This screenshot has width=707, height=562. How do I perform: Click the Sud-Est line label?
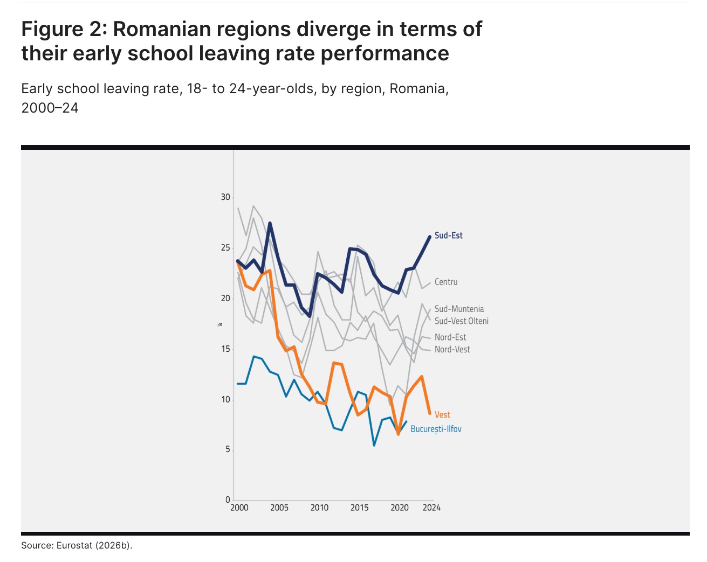point(448,235)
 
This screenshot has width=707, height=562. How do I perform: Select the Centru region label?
point(445,282)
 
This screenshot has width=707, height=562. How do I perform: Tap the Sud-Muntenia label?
point(459,309)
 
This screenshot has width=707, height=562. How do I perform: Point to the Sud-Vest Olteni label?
point(461,321)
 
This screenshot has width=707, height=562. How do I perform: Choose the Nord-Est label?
point(450,337)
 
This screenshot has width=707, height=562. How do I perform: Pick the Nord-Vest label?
point(452,349)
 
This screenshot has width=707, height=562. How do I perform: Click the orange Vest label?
point(442,414)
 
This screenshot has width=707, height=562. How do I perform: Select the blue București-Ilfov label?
point(436,429)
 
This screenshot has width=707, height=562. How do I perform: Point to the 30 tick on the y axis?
point(225,197)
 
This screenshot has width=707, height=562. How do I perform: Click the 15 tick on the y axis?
point(225,349)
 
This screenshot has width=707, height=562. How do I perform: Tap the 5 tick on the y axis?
point(228,449)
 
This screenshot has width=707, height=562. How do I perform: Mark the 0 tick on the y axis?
point(228,499)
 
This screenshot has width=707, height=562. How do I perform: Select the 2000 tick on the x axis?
point(239,508)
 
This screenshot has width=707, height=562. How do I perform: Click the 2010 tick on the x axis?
point(319,508)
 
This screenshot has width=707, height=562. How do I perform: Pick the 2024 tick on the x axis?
point(431,508)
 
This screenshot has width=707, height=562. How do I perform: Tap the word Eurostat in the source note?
point(74,545)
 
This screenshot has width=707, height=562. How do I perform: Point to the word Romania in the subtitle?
point(418,88)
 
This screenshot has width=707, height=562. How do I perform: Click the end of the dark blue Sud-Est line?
point(430,236)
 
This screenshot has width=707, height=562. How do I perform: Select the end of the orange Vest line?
point(430,414)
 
